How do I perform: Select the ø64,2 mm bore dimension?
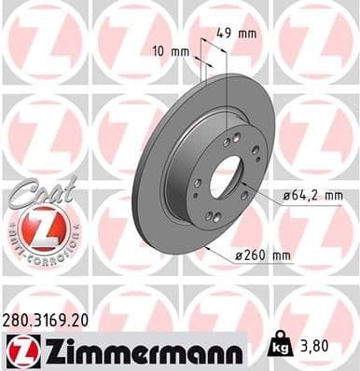pos(312,194)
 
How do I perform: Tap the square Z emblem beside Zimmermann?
pos(21,351)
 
